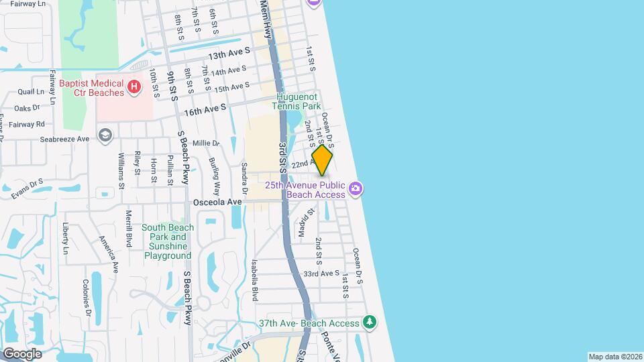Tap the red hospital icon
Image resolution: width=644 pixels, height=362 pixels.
tap(134, 87)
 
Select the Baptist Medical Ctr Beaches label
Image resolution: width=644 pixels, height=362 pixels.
tap(92, 88)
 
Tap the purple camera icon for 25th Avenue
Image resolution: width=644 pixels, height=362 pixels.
tap(356, 189)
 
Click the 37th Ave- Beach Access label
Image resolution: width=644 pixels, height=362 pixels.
tap(310, 323)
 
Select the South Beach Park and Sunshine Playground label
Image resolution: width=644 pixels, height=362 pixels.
tap(168, 241)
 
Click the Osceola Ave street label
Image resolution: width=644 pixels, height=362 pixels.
tap(217, 202)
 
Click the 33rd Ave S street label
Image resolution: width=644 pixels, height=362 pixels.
tap(321, 274)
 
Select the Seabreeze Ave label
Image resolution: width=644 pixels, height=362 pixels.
tap(64, 139)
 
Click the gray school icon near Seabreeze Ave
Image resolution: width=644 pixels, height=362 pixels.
tap(105, 136)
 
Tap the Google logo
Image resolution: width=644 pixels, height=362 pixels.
tap(22, 353)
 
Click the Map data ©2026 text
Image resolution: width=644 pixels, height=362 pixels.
tap(614, 357)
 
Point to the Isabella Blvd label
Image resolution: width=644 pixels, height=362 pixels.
tap(255, 280)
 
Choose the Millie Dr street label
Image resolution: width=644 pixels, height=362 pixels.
tap(206, 143)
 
